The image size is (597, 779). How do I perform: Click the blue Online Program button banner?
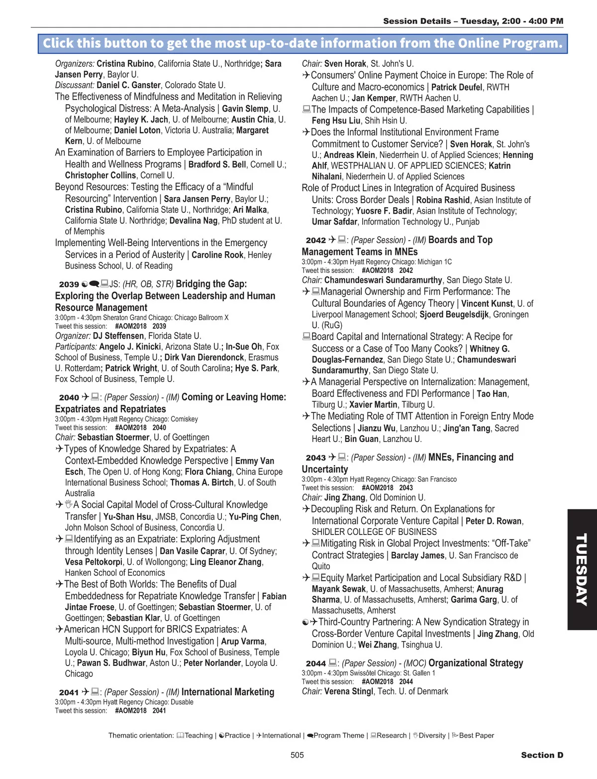[302, 43]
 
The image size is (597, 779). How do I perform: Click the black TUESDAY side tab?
[582, 569]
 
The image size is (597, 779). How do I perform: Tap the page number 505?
[297, 755]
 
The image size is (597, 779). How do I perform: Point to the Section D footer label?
[542, 755]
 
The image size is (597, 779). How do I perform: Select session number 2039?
[69, 284]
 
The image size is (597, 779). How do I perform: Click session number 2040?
[69, 397]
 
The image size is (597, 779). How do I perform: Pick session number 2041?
[69, 692]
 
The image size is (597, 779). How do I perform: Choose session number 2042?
[315, 241]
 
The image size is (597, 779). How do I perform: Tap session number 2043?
[315, 458]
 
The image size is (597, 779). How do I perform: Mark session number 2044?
[315, 663]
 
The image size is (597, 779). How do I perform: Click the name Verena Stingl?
[348, 691]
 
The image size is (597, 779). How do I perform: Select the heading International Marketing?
[228, 692]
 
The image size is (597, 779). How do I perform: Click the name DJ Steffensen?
[118, 336]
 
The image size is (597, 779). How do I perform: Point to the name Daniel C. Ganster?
[128, 85]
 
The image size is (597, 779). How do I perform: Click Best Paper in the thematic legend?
[476, 735]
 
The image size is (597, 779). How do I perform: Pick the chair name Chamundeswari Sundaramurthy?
[383, 280]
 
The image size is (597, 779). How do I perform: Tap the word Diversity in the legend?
[432, 735]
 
